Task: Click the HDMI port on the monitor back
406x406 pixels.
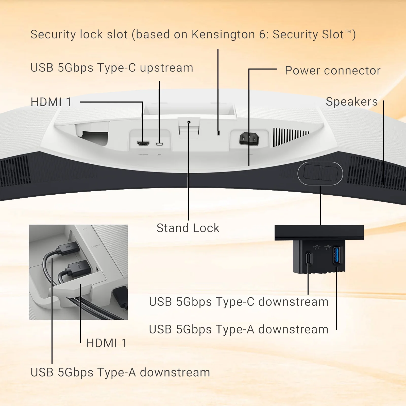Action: click(143, 143)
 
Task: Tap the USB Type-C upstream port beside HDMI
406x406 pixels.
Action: click(159, 144)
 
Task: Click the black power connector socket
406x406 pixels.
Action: click(249, 139)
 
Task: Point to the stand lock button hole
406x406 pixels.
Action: click(189, 122)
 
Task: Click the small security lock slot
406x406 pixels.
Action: click(218, 133)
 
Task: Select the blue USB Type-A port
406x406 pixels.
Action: click(336, 255)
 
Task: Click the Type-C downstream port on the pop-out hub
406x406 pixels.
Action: click(309, 258)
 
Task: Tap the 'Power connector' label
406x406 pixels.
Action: click(333, 71)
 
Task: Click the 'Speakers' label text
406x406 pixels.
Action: click(352, 102)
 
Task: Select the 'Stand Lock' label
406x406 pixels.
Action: click(188, 228)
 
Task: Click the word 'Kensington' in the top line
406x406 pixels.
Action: click(223, 35)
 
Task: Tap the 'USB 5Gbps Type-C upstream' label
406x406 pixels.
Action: click(112, 68)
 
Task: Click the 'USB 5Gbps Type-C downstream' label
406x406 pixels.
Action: click(239, 302)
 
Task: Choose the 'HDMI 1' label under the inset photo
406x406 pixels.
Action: click(106, 343)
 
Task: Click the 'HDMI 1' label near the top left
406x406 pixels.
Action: click(51, 102)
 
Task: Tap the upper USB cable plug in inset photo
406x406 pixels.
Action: click(67, 247)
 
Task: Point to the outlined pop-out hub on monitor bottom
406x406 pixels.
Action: click(320, 174)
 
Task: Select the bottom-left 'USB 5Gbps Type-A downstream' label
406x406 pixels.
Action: click(120, 373)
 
